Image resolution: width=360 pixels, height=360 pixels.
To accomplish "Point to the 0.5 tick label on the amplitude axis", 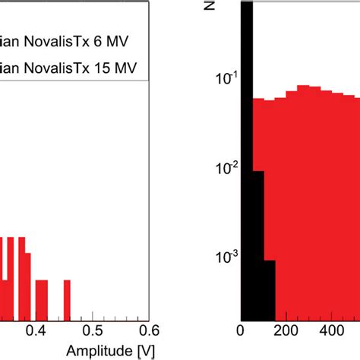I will tap(92, 330).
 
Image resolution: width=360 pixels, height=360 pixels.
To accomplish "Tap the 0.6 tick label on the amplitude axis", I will tap(149, 330).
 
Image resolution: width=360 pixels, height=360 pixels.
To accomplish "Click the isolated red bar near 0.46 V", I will tap(67, 300).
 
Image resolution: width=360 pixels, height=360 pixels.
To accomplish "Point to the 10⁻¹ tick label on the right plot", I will tap(221, 77).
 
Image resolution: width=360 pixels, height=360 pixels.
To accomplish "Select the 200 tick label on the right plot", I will tap(286, 330).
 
